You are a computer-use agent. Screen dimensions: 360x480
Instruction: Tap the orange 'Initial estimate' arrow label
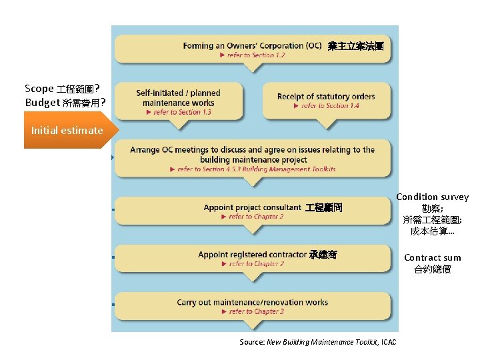pos(67,131)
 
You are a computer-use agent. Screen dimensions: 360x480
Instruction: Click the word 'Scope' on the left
pos(39,89)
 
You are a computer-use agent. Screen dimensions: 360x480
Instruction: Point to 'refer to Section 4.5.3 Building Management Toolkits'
pos(256,169)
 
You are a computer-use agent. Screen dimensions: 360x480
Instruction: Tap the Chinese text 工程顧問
pos(323,208)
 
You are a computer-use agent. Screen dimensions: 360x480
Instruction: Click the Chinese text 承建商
pos(323,255)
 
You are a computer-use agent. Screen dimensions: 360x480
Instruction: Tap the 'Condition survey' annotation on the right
pos(432,197)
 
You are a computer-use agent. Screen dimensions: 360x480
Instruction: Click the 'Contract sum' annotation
pos(432,258)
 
